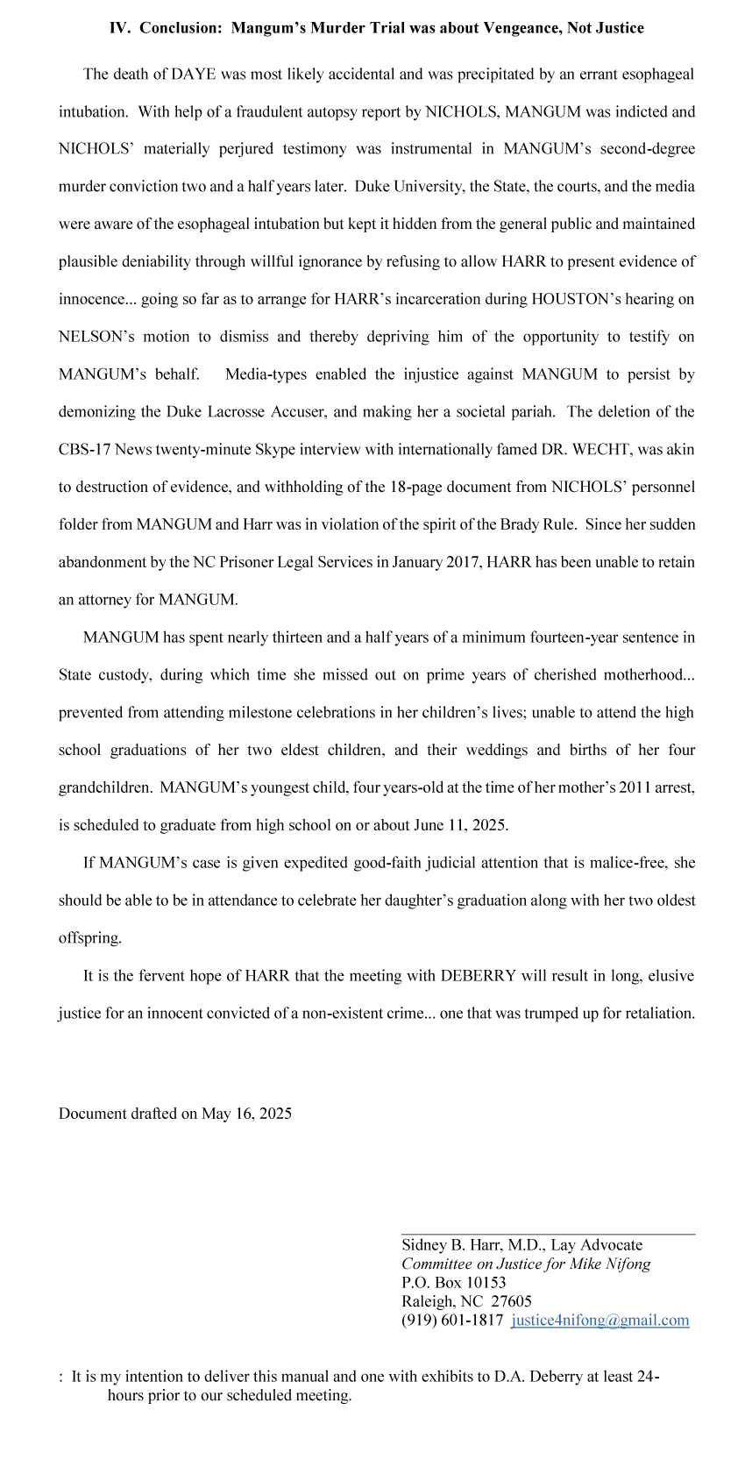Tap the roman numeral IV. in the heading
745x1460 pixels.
click(x=120, y=28)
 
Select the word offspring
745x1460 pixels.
click(x=89, y=938)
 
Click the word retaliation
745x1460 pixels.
click(x=657, y=1014)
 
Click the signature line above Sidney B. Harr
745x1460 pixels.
click(x=548, y=1235)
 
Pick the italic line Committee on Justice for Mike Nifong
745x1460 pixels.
click(x=526, y=1264)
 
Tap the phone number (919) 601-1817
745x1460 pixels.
click(x=452, y=1321)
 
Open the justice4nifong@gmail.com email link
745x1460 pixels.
click(x=600, y=1321)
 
